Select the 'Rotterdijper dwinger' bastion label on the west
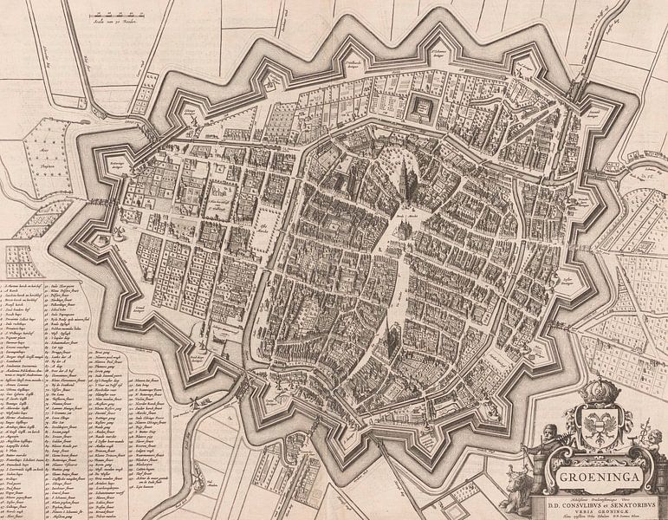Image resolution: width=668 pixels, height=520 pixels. (118, 165)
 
